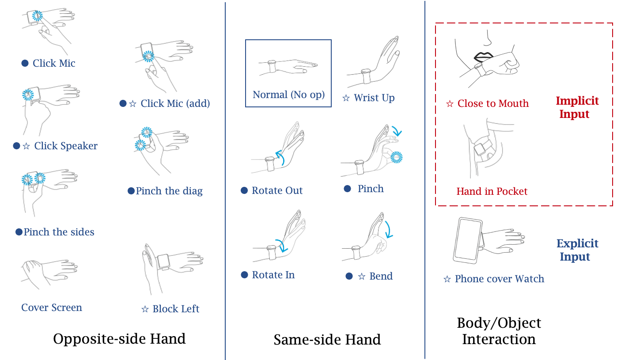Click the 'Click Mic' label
[54, 63]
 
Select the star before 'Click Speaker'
[27, 146]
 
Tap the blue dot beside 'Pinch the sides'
[19, 232]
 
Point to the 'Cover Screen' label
[52, 307]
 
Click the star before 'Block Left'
[145, 309]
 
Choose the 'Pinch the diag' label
[169, 191]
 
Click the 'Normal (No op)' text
[288, 95]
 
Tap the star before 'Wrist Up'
[346, 98]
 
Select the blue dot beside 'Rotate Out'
[244, 190]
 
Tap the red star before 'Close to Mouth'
[450, 104]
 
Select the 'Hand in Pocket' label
[492, 191]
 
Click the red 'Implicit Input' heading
[577, 107]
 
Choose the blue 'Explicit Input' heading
[577, 250]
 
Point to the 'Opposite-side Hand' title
[119, 339]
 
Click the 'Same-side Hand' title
[327, 340]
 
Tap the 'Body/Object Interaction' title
[499, 331]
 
